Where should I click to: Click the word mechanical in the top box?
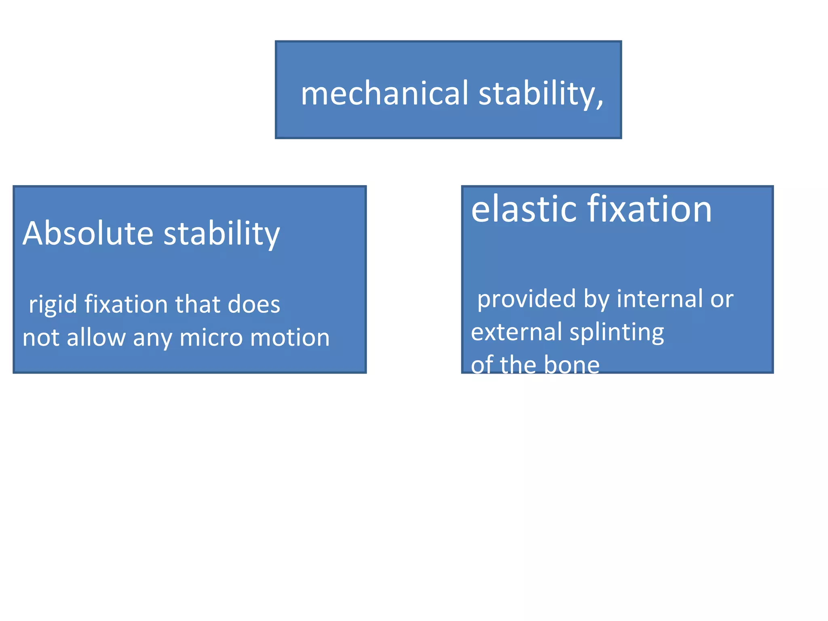coord(384,93)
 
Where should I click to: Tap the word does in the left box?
coord(254,304)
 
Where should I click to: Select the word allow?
coord(96,338)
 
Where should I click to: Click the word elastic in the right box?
coord(524,209)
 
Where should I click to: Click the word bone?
coord(572,365)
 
